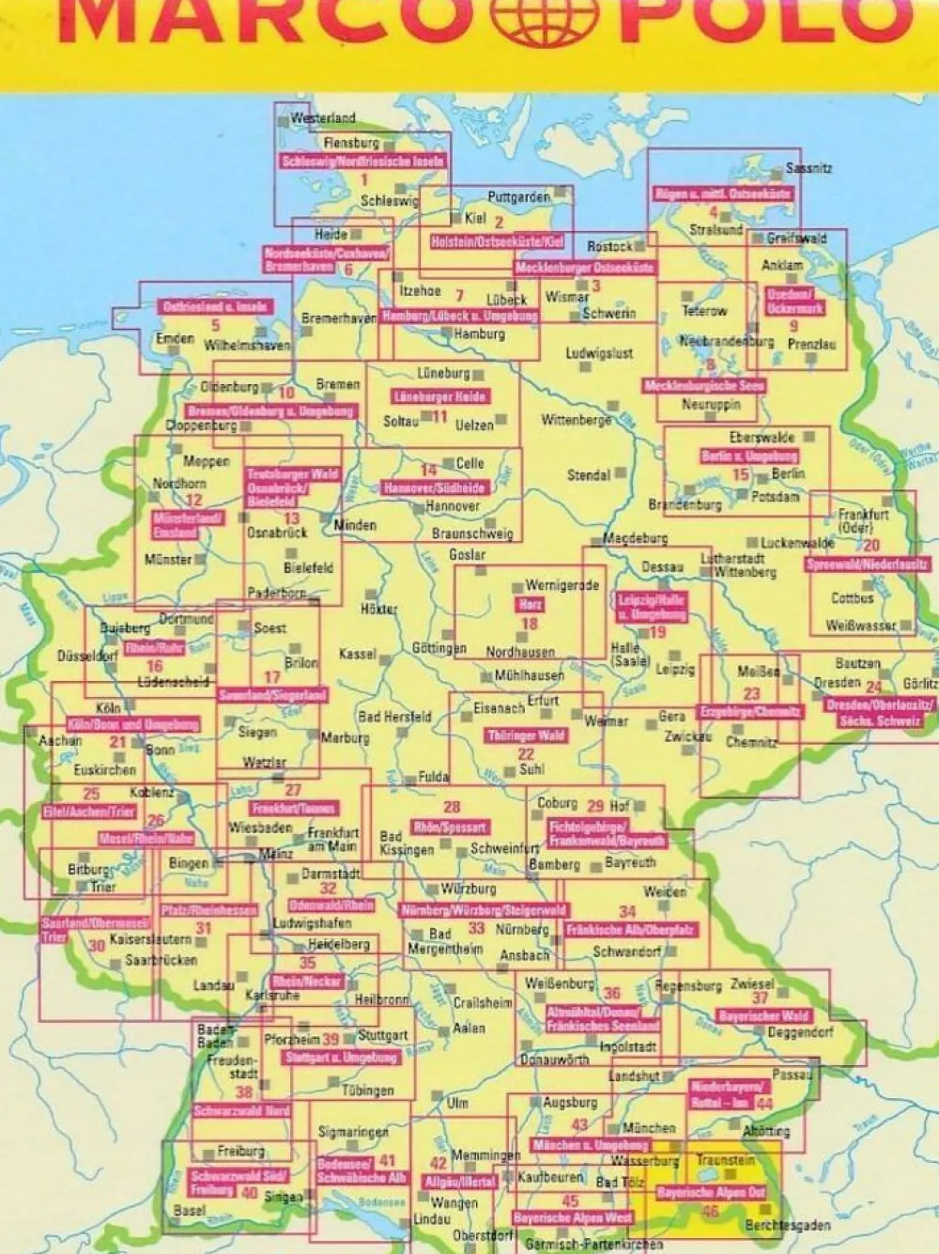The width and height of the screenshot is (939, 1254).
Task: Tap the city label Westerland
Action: coord(322,118)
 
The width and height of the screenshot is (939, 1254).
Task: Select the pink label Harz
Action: coord(530,605)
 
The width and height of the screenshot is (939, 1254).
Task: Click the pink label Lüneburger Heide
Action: coord(439,397)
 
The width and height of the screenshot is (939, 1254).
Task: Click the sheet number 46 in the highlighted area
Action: coord(710,1211)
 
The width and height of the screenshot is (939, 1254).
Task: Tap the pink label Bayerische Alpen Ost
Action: coord(711,1192)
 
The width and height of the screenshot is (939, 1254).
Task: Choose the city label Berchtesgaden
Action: coord(787,1226)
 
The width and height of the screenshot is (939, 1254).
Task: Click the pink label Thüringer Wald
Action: coord(526,735)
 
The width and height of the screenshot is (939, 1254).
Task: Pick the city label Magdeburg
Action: coord(635,538)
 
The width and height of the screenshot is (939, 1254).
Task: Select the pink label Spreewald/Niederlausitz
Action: coord(867,565)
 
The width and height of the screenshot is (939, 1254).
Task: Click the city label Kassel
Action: coord(357,654)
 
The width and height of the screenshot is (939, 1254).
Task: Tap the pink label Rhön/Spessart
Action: coord(451,827)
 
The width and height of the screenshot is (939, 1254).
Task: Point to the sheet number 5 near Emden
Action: coord(215,326)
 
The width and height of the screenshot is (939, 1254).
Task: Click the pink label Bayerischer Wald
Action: coord(762,1015)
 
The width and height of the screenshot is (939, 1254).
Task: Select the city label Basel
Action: coord(189,1211)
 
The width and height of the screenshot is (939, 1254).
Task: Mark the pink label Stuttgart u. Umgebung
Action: coord(341,1058)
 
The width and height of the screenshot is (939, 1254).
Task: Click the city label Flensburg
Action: coord(351,143)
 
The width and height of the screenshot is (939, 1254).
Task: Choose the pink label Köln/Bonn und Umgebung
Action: coord(132,724)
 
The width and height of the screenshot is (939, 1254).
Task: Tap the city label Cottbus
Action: coord(852,597)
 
